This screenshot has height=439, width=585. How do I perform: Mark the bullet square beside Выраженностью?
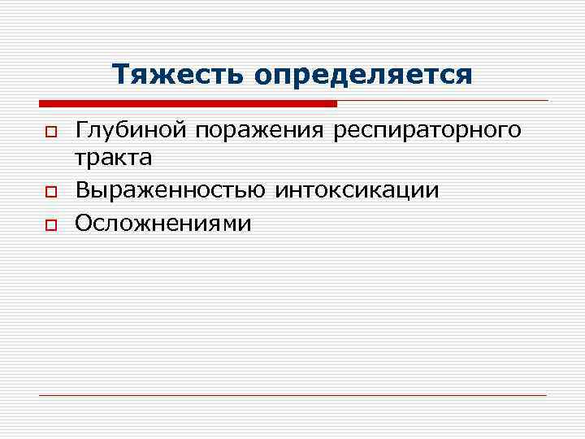(50, 192)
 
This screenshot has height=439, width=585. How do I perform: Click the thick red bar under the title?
(188, 104)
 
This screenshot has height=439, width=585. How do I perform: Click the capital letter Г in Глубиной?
(80, 130)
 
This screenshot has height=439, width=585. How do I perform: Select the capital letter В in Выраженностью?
(81, 190)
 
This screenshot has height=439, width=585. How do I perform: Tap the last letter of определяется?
(464, 76)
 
